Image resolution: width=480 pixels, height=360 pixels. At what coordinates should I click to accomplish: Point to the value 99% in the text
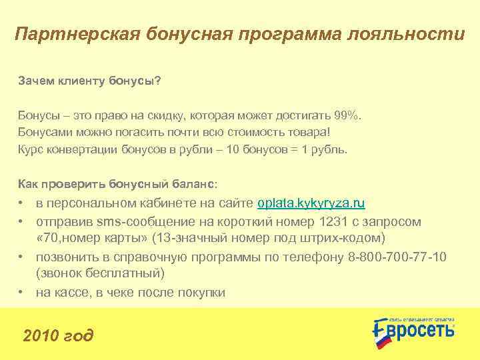(x=347, y=115)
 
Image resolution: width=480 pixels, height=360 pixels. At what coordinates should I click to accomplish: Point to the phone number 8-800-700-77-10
(x=398, y=257)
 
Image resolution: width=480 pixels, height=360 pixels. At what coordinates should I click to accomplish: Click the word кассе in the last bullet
(x=69, y=292)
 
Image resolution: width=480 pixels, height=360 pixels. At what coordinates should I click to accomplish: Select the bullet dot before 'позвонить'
(x=22, y=257)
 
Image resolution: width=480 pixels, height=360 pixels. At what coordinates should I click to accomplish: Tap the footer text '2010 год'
(x=59, y=335)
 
